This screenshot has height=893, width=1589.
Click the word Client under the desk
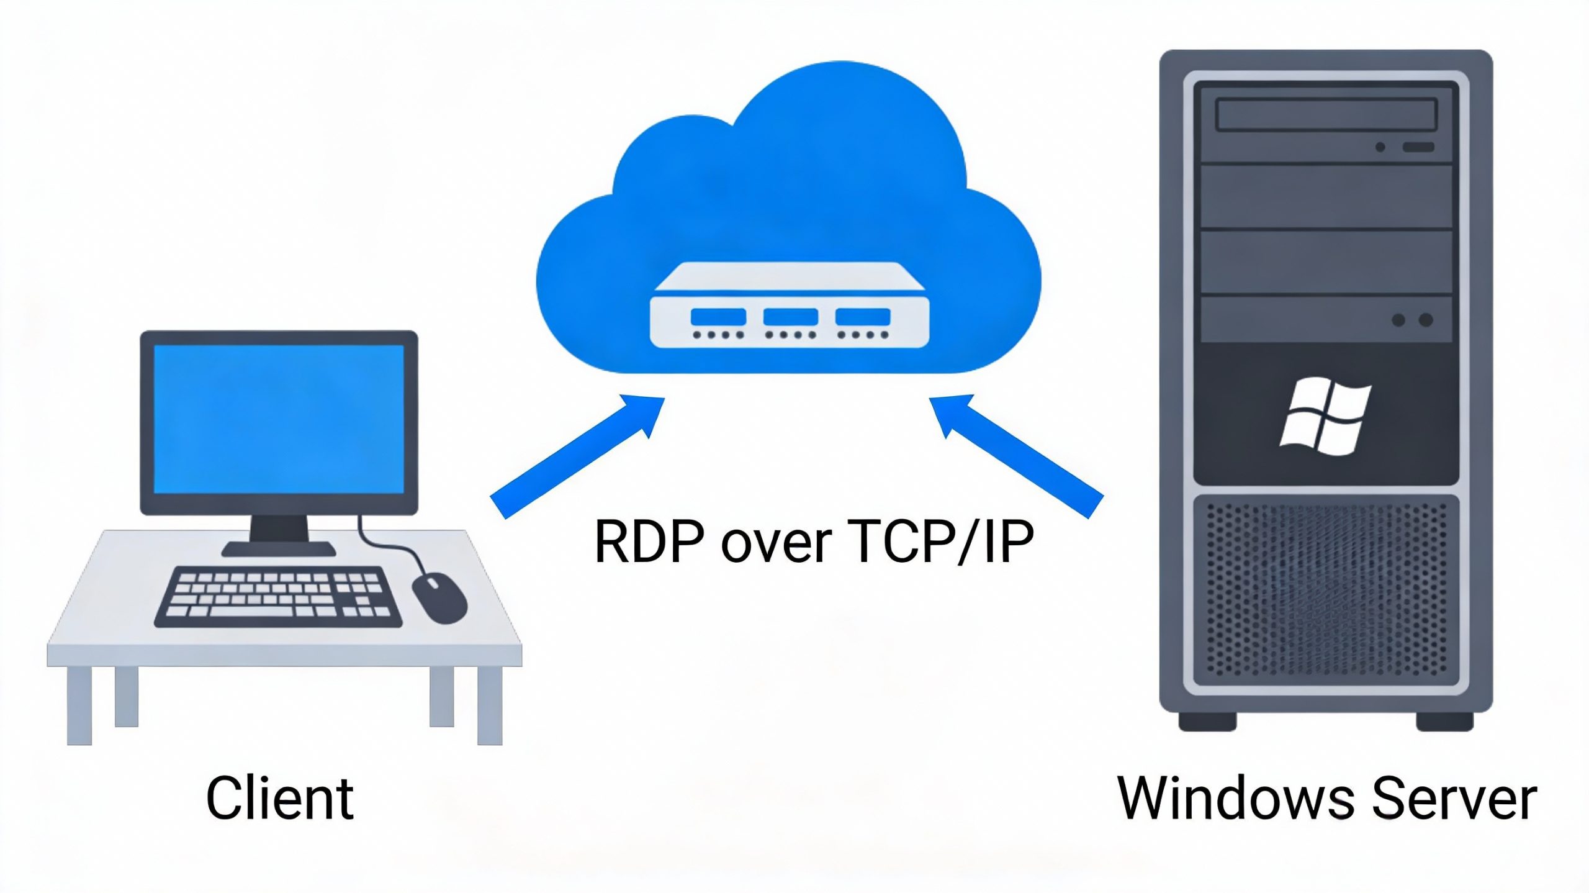click(279, 798)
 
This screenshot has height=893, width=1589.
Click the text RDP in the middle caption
click(650, 542)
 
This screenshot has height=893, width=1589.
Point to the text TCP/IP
click(943, 542)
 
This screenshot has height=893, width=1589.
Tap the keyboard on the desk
click(277, 596)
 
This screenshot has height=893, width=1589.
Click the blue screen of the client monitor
click(279, 420)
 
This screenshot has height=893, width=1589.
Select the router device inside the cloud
click(790, 307)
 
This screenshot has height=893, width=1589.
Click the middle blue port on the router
click(790, 317)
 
